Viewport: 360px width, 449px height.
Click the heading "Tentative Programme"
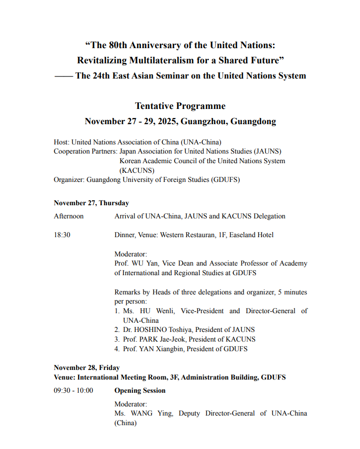(180, 106)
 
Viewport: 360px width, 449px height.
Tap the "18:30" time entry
(62, 235)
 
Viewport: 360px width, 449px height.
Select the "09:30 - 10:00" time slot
(73, 390)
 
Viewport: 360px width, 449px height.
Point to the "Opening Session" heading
(139, 390)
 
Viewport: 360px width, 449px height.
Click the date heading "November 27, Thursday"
(91, 203)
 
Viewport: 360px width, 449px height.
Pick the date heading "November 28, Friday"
(87, 367)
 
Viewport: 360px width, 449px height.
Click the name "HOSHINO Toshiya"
(159, 329)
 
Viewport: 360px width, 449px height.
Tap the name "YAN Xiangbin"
(161, 349)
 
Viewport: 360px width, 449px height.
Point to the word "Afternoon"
(69, 216)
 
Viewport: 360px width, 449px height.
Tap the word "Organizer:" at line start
(69, 179)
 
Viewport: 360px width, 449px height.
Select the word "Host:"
(62, 142)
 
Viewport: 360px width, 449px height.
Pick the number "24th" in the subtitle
(102, 76)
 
